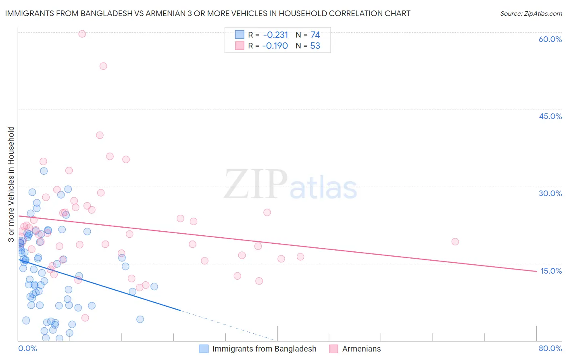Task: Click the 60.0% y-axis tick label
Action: click(x=550, y=39)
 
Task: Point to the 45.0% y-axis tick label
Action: click(x=550, y=116)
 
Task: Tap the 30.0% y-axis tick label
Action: click(x=550, y=193)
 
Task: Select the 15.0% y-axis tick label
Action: click(x=551, y=271)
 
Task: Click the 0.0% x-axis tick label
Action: click(x=27, y=348)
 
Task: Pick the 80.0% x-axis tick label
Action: click(x=550, y=348)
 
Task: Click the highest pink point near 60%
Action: click(x=82, y=34)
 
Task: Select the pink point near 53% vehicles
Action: click(x=103, y=66)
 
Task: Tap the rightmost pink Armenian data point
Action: click(x=455, y=242)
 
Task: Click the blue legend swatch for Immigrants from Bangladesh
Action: click(x=204, y=349)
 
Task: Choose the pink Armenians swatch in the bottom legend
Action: click(x=334, y=349)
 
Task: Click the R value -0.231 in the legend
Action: click(x=275, y=35)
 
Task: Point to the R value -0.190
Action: click(x=275, y=46)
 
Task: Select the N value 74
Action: click(x=315, y=35)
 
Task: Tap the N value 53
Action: click(x=315, y=46)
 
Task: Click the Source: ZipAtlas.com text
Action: click(x=531, y=14)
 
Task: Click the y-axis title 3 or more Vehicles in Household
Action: click(x=11, y=184)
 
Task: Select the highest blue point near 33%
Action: click(x=44, y=171)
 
